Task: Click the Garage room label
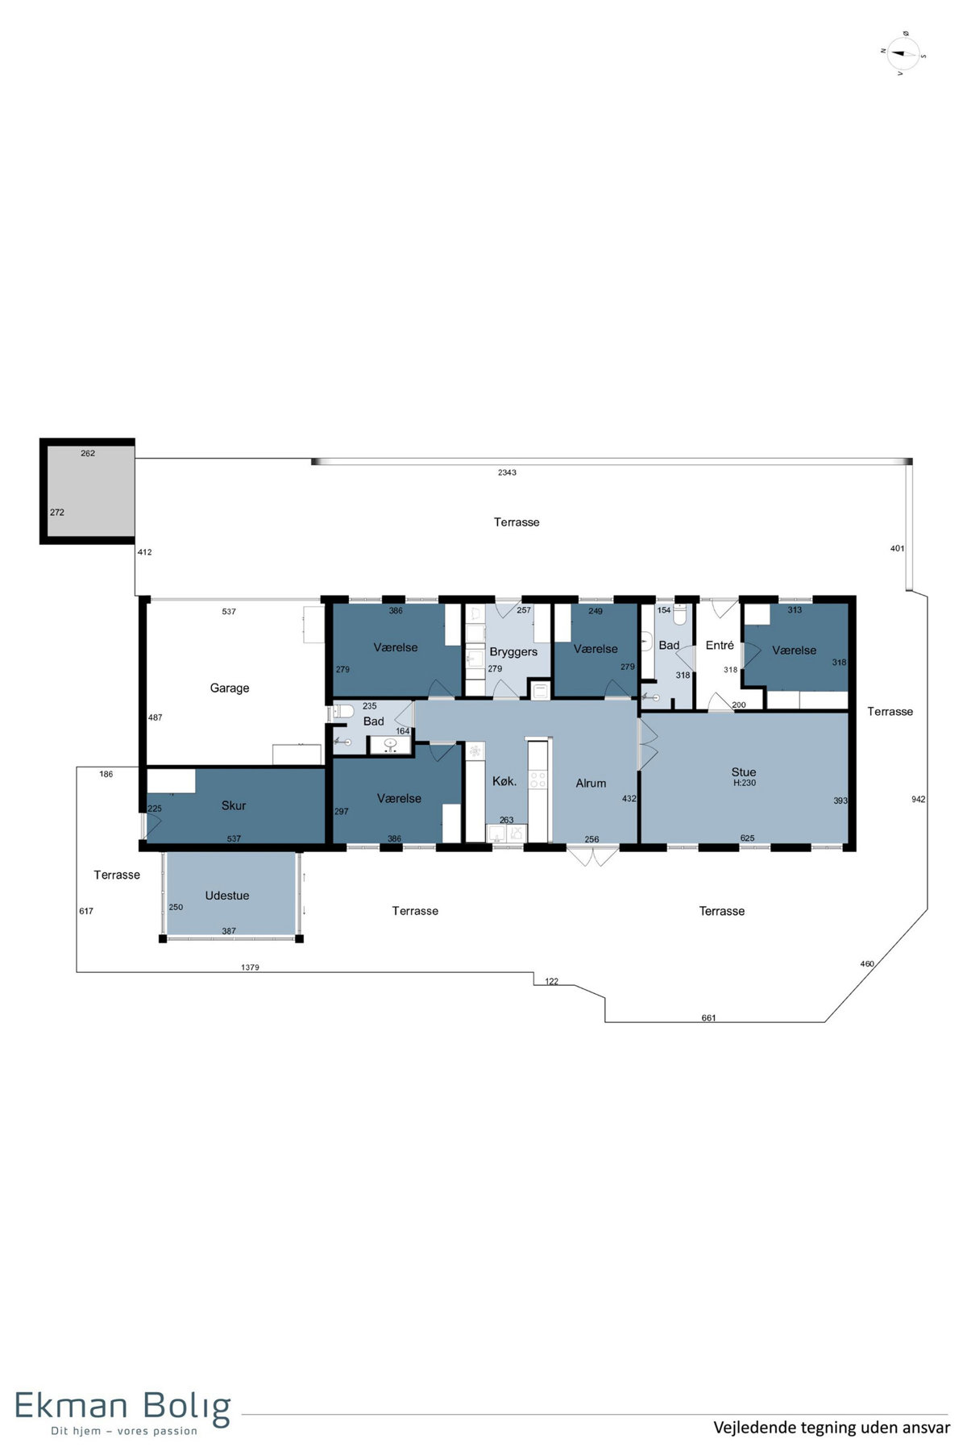pos(230,688)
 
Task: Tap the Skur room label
pos(234,805)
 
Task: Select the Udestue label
pos(227,896)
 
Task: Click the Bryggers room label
pos(513,652)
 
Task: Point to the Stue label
pos(744,772)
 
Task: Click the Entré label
pos(720,645)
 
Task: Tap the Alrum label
pos(591,783)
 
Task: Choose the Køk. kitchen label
pos(504,781)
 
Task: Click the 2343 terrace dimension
pos(507,472)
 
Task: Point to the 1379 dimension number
pos(250,967)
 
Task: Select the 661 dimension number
pos(708,1018)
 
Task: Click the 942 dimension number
pos(918,800)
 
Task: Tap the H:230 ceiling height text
pos(744,783)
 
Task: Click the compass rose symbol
pos(903,54)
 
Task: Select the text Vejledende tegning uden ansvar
pos(832,1428)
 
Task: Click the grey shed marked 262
pos(88,492)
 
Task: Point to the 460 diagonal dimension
pos(867,964)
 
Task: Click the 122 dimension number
pos(551,982)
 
